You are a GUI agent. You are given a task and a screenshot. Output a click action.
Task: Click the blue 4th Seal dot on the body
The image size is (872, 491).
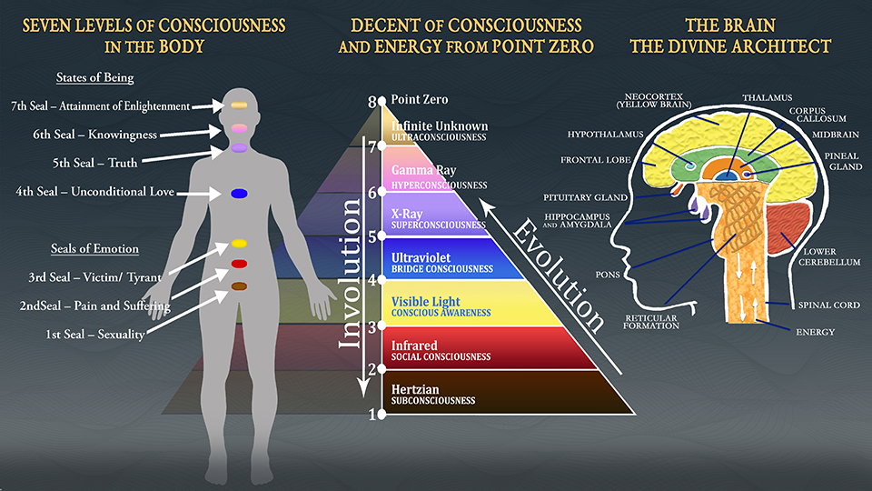point(240,193)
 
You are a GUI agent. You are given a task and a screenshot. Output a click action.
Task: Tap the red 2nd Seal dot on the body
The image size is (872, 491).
point(240,264)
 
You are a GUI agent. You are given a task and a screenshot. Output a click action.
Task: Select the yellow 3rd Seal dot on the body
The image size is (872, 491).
point(240,244)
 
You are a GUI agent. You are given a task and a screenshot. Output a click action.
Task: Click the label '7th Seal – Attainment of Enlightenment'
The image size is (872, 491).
point(101,106)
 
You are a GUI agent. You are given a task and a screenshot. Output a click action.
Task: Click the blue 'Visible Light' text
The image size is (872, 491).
point(425,301)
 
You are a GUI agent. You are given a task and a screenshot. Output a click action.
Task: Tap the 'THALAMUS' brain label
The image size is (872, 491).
point(767,97)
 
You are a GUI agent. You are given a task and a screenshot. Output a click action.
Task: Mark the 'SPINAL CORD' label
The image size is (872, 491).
point(828,306)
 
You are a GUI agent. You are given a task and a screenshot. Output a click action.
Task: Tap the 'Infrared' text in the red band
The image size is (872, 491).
point(414,346)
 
